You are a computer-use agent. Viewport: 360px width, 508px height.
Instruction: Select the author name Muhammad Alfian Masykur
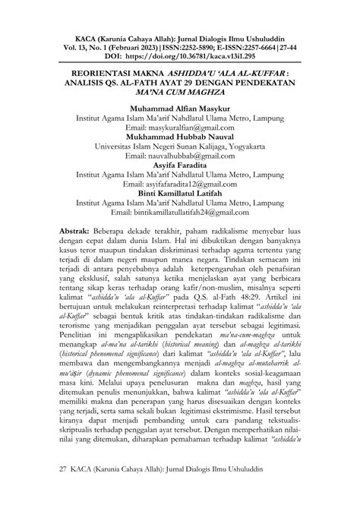tap(179, 108)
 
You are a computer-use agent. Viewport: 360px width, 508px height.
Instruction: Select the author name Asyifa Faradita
tap(179, 172)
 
